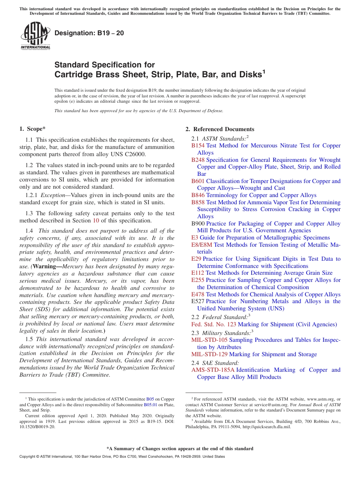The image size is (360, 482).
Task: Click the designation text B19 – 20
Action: (89, 33)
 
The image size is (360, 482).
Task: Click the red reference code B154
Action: (198, 146)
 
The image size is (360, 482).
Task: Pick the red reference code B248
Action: (198, 160)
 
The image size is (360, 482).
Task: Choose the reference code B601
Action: (198, 181)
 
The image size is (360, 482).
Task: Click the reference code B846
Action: (198, 195)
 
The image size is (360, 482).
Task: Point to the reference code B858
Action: (198, 202)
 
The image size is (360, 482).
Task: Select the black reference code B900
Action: (198, 224)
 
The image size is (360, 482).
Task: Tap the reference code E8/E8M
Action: (202, 245)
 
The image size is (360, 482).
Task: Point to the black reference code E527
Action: (198, 301)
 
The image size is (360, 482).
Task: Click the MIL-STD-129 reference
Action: (209, 354)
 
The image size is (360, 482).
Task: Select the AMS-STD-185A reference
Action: (213, 370)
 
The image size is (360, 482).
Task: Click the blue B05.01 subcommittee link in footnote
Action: (150, 404)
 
